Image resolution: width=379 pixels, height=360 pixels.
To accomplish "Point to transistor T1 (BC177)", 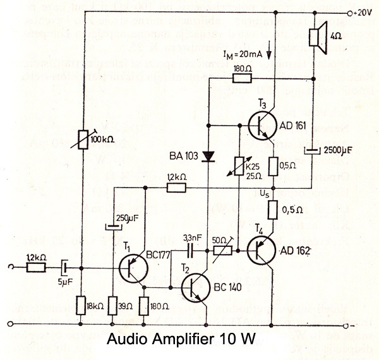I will pyautogui.click(x=133, y=268).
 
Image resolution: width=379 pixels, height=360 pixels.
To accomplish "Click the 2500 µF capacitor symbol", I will pyautogui.click(x=314, y=150).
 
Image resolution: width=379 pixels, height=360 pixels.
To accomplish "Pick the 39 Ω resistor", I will pyautogui.click(x=112, y=306).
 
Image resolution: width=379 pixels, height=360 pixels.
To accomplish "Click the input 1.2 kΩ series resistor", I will pyautogui.click(x=37, y=268).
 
